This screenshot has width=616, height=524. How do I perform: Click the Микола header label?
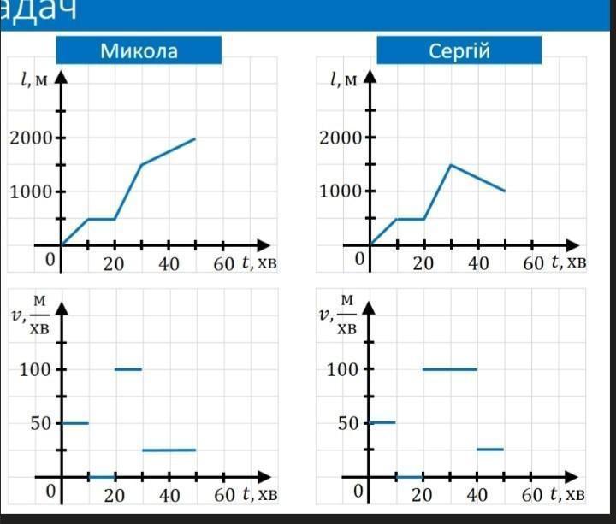click(139, 50)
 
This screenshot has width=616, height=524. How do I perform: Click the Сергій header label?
click(459, 50)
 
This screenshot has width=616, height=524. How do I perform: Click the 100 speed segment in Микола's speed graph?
click(128, 369)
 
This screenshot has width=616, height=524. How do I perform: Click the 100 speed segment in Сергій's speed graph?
click(449, 369)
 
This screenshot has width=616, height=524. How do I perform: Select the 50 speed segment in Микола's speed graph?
click(75, 423)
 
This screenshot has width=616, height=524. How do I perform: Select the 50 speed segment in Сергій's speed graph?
click(382, 422)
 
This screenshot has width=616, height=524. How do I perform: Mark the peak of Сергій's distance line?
click(451, 164)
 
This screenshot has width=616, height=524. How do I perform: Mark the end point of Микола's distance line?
click(195, 138)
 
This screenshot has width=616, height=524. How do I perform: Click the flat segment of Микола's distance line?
click(102, 219)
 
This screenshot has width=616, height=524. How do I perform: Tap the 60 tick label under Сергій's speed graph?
click(533, 495)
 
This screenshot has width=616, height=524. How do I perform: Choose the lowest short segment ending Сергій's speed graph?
click(490, 449)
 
